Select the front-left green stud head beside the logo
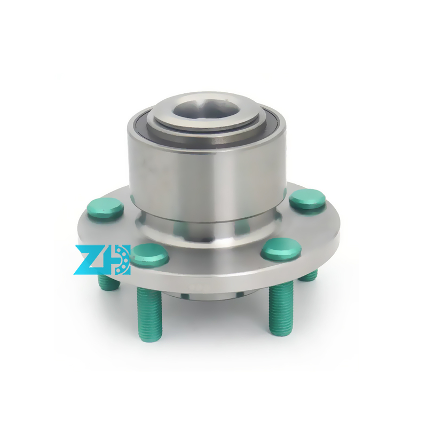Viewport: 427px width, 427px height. (150, 255)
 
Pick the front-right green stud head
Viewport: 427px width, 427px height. (281, 248)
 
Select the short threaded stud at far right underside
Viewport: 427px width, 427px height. (309, 275)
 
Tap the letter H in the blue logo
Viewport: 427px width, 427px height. (115, 260)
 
